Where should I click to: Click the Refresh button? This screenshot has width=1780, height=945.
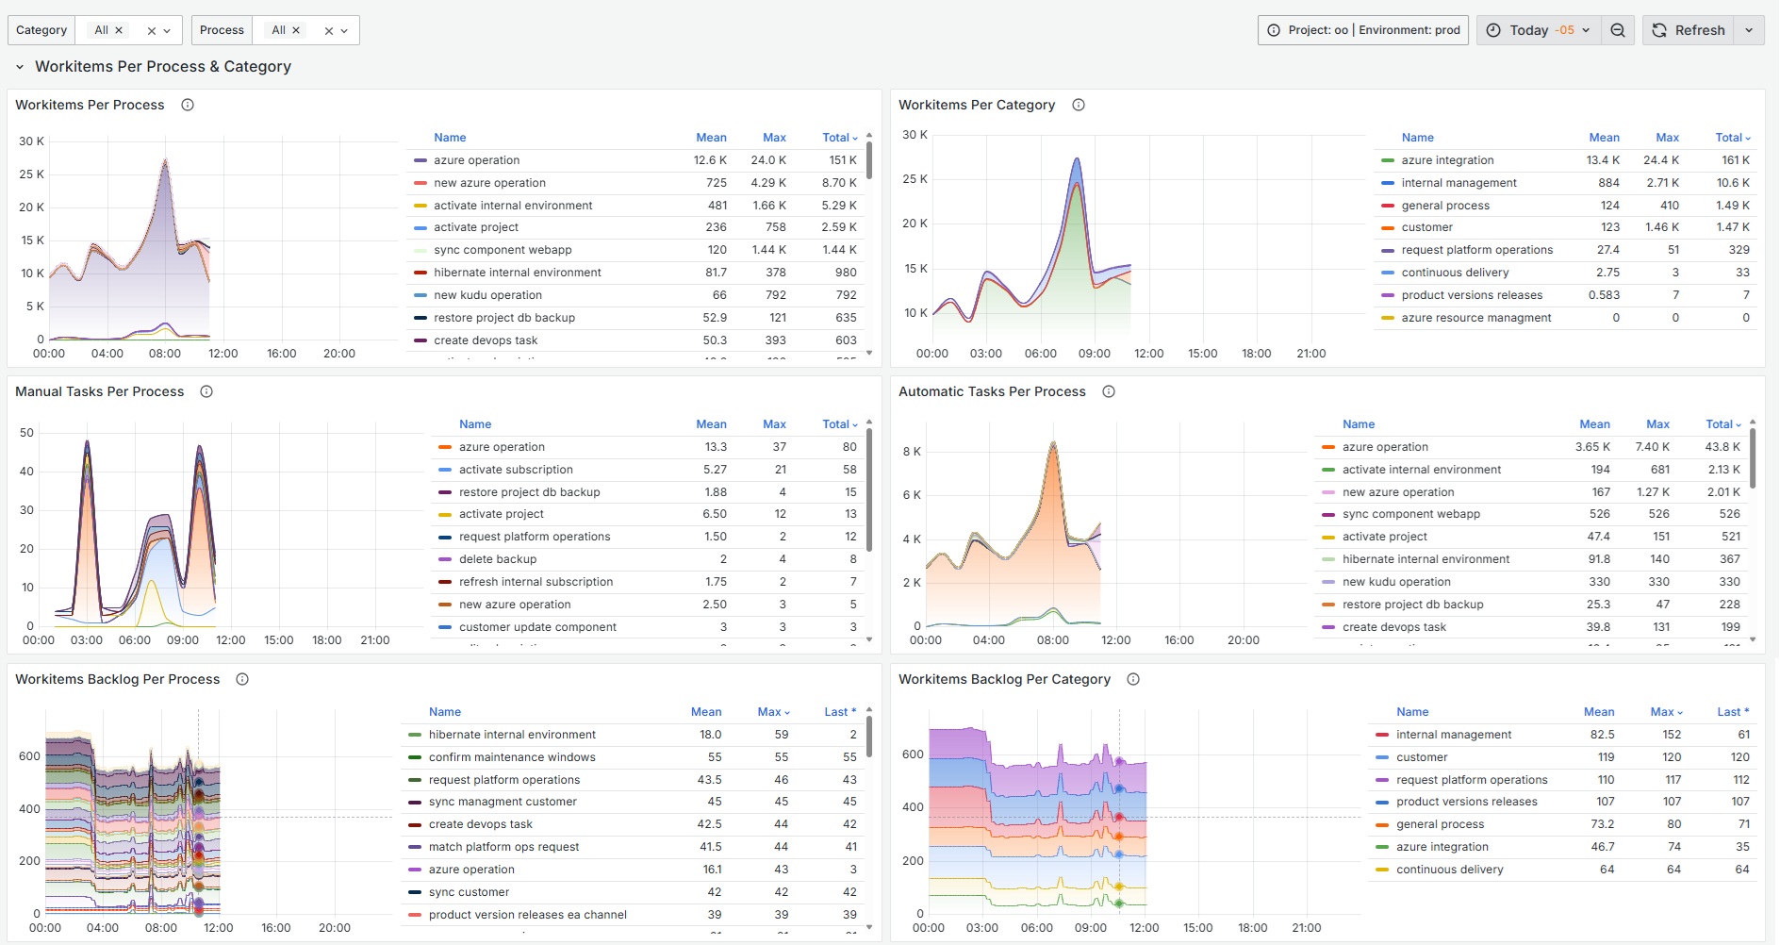tap(1689, 30)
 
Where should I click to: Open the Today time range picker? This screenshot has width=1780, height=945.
tap(1539, 30)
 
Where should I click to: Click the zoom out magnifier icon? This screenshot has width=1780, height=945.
tap(1618, 30)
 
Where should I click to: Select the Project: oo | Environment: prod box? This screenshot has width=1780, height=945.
tap(1363, 30)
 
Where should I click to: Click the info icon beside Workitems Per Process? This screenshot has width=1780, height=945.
tap(188, 105)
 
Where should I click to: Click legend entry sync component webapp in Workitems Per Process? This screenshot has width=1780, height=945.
tap(503, 250)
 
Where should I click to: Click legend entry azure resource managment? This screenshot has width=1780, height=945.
tap(1475, 318)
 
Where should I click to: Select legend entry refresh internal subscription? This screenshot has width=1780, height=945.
tap(536, 582)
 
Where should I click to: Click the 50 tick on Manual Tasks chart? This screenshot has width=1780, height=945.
tap(26, 433)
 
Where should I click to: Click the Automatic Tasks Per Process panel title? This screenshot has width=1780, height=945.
tap(992, 391)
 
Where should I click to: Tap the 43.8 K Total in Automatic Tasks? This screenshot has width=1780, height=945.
tap(1722, 447)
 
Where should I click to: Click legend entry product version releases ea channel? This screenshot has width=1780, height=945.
tap(527, 915)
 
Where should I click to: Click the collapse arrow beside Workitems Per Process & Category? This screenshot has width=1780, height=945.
tap(20, 67)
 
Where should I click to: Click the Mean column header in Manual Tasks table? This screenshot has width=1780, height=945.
tap(711, 424)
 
